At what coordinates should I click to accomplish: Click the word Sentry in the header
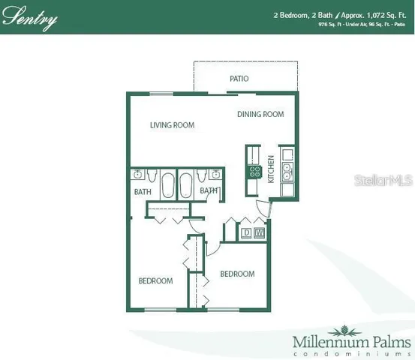30,18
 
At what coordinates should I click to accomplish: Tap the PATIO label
239,79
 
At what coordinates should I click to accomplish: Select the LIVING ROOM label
172,125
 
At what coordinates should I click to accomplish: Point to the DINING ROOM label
260,115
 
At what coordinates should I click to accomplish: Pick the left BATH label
143,192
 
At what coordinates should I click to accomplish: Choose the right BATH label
209,191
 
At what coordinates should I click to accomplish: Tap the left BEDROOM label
155,281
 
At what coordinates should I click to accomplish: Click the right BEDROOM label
236,274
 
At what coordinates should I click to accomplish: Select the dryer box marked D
245,233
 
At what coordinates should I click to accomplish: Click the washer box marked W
259,233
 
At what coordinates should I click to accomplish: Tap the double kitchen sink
287,173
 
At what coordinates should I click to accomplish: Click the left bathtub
167,183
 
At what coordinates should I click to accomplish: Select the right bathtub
185,183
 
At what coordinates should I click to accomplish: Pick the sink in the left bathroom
139,175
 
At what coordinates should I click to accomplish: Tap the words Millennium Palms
351,342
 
